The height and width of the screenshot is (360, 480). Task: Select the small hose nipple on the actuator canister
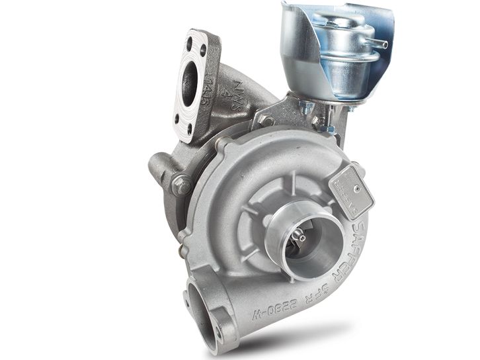tap(381, 44)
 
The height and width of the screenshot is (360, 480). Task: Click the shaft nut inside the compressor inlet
tap(301, 236)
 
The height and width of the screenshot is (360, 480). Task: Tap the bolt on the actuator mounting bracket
tap(266, 120)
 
